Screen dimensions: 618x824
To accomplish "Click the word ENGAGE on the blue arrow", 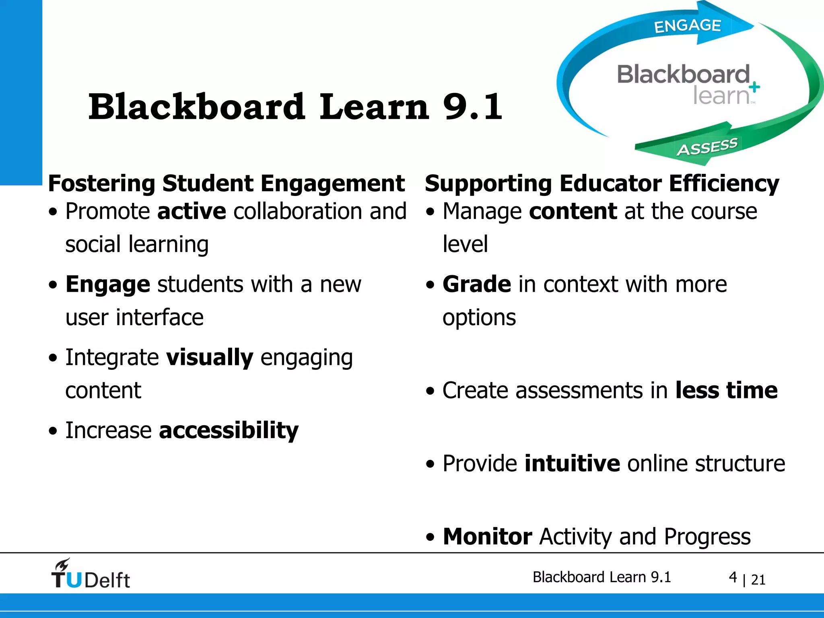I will point(687,26).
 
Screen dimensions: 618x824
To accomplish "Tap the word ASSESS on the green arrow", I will point(707,147).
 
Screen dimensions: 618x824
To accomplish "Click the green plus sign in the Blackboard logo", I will point(755,87).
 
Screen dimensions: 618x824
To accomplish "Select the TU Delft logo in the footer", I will point(91,574).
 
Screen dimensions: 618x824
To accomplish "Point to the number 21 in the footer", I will point(758,580).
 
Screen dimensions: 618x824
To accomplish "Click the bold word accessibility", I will point(229,431).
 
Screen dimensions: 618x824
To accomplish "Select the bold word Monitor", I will point(487,536).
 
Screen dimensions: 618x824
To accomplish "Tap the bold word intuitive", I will point(572,463).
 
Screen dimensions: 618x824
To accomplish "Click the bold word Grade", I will point(477,284).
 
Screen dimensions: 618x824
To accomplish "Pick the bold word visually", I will point(210,357).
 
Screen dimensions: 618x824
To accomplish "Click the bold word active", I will point(192,211).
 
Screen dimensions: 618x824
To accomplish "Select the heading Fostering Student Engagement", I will point(226,183).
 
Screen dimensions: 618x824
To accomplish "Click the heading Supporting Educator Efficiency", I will point(602,183).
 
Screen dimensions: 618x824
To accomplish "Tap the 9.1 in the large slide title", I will point(472,107).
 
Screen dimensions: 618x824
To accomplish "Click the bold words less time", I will point(726,390).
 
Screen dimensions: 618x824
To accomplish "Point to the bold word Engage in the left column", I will point(108,284).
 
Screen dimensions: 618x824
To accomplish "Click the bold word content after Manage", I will point(573,211).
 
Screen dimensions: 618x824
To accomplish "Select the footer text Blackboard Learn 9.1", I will point(602,577).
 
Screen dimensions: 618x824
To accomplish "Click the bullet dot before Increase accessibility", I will point(53,431).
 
